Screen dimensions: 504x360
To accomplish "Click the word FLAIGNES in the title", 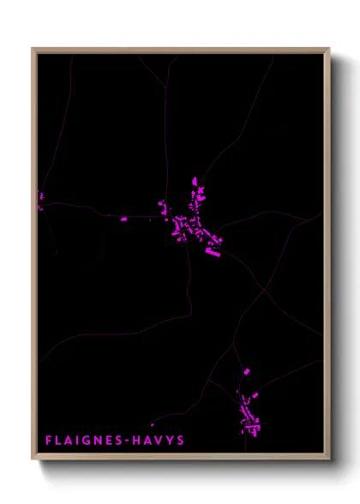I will coord(82,441).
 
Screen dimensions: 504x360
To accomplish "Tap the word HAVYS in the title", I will coord(158,441).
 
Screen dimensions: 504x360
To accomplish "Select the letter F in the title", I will coord(48,441).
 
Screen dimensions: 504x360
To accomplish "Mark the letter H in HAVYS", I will coord(135,441).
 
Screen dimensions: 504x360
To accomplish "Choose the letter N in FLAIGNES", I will coord(94,441).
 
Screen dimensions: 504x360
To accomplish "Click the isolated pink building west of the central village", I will coord(123,219).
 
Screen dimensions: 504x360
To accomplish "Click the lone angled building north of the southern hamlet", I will coord(247,371).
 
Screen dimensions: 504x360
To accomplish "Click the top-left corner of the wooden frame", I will coord(33,49).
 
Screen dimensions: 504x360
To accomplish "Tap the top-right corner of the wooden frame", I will coord(328,49).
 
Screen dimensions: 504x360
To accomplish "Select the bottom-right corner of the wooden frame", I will coord(328,459).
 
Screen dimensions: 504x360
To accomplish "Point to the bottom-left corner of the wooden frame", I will coord(33,459).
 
